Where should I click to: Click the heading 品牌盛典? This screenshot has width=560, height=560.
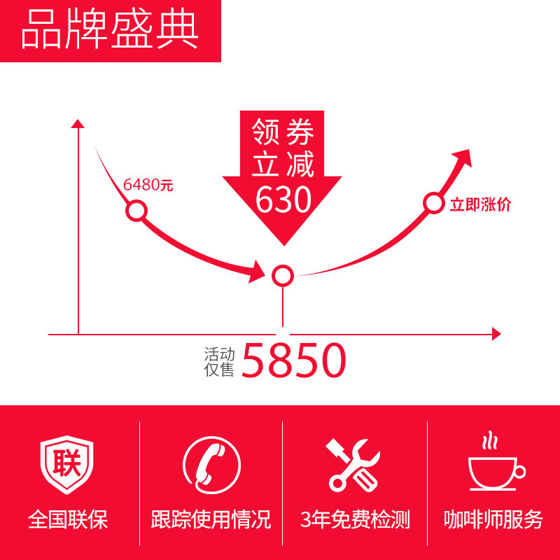(x=110, y=31)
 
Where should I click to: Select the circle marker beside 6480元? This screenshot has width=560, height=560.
(x=136, y=211)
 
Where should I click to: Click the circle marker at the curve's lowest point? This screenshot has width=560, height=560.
(x=282, y=275)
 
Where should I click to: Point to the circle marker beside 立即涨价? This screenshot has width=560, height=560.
(x=434, y=204)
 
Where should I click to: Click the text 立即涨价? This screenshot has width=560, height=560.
(x=480, y=205)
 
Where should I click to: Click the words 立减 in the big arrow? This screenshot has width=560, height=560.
(x=282, y=166)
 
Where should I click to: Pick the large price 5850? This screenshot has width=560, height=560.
(x=294, y=361)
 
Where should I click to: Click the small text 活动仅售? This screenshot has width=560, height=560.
(x=219, y=361)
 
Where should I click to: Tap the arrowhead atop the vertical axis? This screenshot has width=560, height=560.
(x=78, y=124)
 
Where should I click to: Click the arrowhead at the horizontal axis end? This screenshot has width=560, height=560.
(x=496, y=335)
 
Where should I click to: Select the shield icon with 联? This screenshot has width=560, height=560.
(x=67, y=465)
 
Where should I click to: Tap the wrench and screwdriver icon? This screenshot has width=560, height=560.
(x=353, y=465)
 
